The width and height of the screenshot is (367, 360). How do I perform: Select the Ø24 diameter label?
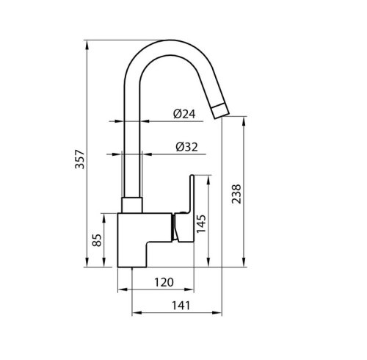click(184, 115)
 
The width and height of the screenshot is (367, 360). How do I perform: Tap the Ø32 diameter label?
click(186, 146)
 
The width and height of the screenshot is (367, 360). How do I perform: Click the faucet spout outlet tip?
click(221, 111)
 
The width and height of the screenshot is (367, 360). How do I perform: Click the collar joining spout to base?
click(131, 206)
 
